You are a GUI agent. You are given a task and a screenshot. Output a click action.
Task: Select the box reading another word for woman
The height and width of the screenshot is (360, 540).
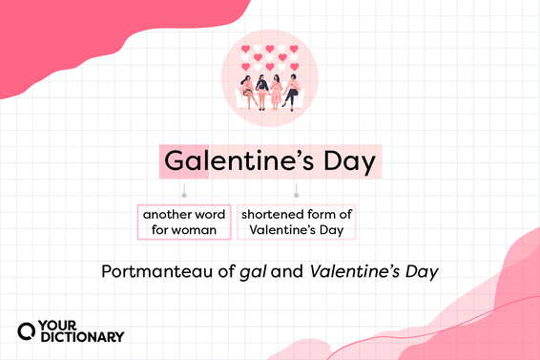point(184,222)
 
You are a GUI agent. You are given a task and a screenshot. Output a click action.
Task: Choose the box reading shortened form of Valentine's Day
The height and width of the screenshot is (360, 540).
point(296,222)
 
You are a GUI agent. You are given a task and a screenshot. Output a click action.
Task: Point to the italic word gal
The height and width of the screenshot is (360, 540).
point(255,272)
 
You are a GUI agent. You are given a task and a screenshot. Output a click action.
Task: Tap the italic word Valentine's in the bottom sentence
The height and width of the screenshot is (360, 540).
point(353,271)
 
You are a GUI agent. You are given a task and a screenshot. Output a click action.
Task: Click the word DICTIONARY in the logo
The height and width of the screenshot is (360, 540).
point(84,336)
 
